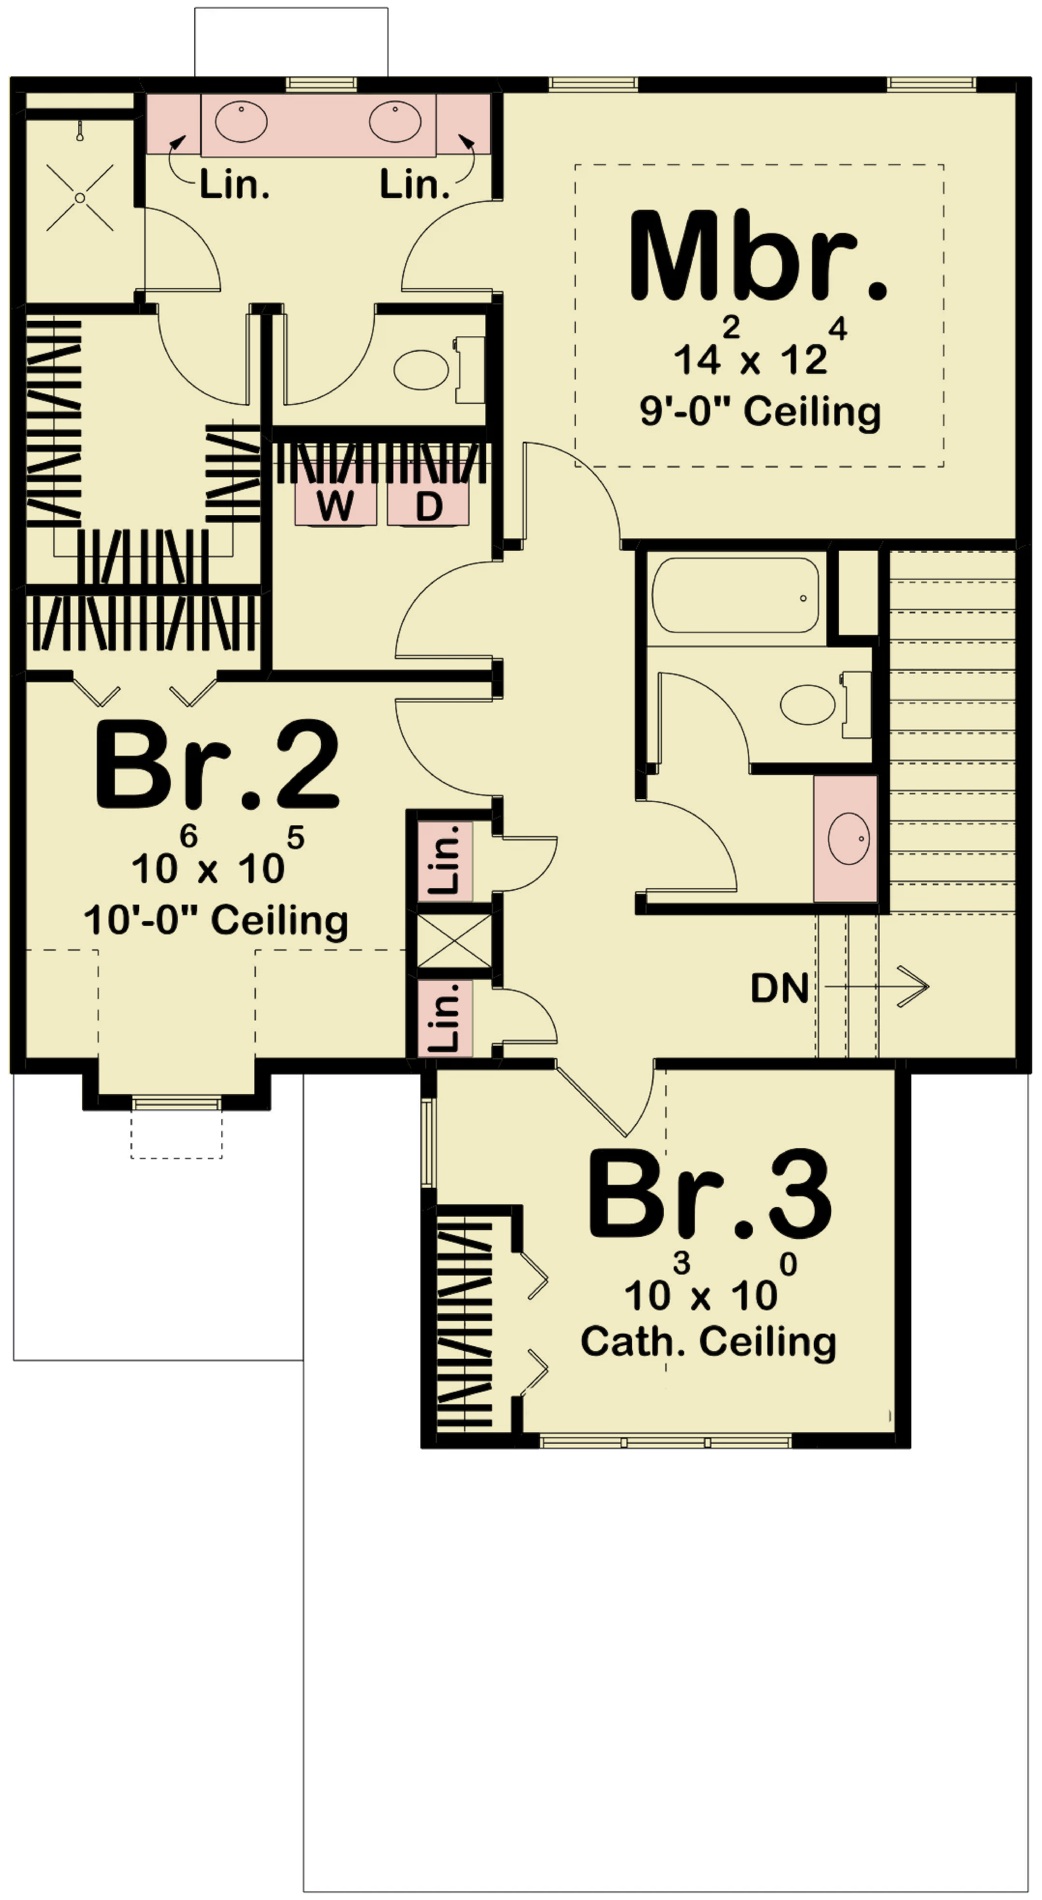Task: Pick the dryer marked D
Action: (428, 504)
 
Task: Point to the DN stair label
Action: (779, 988)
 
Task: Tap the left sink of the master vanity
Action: (241, 122)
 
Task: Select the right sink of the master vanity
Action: (395, 122)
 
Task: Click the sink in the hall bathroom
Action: (849, 839)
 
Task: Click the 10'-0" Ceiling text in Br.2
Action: (216, 921)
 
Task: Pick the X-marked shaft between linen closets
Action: (454, 940)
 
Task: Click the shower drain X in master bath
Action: (80, 197)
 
